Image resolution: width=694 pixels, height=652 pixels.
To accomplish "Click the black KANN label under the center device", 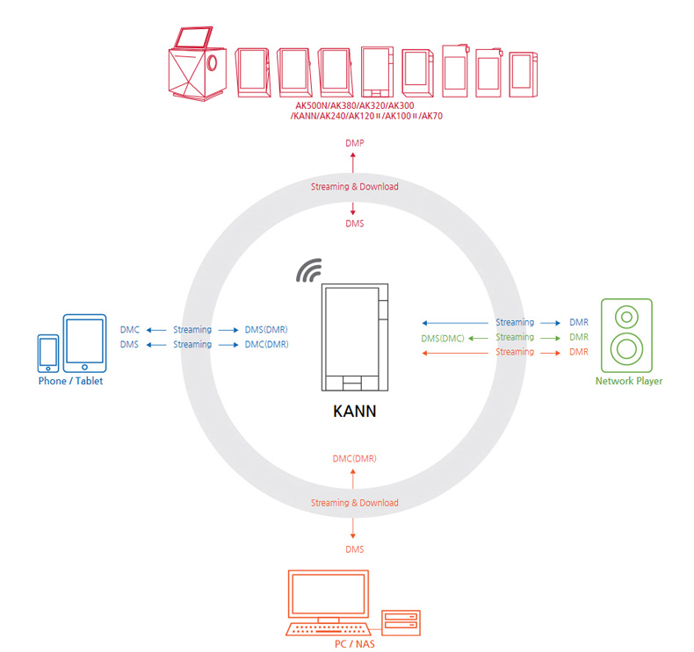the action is coord(355,411).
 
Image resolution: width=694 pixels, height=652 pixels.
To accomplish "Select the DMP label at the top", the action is coord(355,143).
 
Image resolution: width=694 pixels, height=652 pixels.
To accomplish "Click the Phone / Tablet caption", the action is coord(70,381).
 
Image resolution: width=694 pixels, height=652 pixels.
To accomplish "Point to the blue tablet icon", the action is coord(84,343).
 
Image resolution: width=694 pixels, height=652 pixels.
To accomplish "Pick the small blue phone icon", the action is coord(48,354).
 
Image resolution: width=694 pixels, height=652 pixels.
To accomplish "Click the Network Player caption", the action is coord(629,381).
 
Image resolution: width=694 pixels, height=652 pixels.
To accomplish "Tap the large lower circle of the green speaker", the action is coord(626,348).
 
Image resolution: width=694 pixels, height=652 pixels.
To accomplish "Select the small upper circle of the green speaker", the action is coord(626,317).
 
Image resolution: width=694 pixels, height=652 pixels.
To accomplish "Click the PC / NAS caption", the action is coord(355,644).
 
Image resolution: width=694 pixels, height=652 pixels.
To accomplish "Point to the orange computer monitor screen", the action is coord(329,594).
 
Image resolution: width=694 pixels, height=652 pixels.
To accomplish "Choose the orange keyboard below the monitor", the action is coord(329,629).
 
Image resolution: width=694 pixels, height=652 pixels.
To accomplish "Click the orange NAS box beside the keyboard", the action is coord(401,623).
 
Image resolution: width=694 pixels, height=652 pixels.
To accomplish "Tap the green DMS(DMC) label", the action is coord(443,339).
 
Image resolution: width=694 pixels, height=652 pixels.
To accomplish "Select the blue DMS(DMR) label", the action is coord(266,330).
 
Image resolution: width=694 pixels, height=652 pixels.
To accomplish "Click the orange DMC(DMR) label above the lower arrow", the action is coord(355,459).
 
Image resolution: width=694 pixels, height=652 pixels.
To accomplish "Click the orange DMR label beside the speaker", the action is coord(579,352).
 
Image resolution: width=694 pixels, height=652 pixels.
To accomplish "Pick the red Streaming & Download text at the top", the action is coord(355,187).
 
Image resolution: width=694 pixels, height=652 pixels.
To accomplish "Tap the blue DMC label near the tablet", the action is coord(130,330).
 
